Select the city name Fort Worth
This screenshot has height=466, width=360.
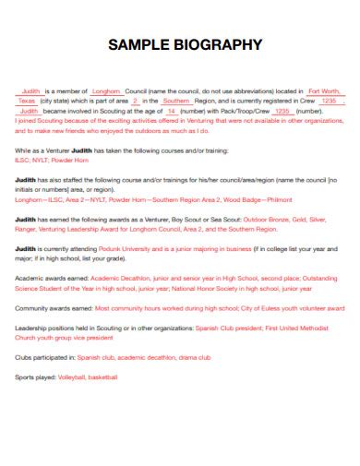tap(323, 91)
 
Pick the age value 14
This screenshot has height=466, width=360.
tap(172, 111)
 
